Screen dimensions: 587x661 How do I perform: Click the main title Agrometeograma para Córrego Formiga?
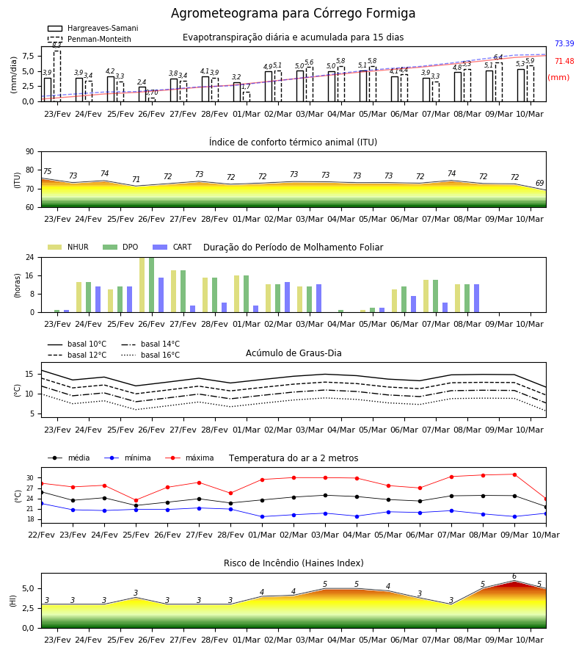pos(293,13)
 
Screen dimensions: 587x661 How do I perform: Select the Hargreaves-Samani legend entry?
pos(92,28)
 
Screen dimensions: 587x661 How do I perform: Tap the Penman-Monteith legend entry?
pos(90,39)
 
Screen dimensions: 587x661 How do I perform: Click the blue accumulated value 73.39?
pos(564,43)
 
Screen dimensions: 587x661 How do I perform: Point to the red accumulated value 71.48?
pos(564,61)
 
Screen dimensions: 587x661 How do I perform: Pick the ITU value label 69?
pos(539,183)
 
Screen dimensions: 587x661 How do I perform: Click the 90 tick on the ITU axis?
pos(30,152)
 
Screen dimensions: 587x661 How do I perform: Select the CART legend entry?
pos(172,247)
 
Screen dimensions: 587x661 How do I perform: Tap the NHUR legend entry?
pos(68,247)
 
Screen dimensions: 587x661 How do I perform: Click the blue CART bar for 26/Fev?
pos(161,295)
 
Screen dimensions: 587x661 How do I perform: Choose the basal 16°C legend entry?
pos(150,355)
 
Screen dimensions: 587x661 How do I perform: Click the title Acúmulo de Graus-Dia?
pos(293,353)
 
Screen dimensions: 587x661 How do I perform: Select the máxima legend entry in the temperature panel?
pos(189,458)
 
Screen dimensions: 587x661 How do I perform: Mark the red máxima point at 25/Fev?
pos(136,500)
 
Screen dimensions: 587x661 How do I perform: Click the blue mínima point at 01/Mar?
pos(263,516)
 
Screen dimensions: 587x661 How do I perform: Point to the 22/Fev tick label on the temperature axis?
pos(41,535)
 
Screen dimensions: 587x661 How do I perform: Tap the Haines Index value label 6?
pos(514,577)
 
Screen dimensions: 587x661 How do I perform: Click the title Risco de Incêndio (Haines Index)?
pos(293,563)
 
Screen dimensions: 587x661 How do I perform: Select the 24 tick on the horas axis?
pos(30,257)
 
